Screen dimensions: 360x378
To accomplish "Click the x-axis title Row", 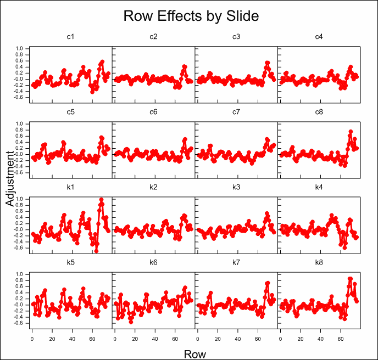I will (194, 353).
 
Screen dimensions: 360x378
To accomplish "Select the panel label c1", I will (71, 37).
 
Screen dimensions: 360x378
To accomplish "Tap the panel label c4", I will (319, 37).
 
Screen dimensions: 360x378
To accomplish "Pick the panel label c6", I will (153, 113).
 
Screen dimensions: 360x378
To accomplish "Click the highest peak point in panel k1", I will (101, 200).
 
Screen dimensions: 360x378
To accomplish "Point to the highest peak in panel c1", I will (102, 62).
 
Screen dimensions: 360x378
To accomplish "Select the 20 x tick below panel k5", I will (52, 339).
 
